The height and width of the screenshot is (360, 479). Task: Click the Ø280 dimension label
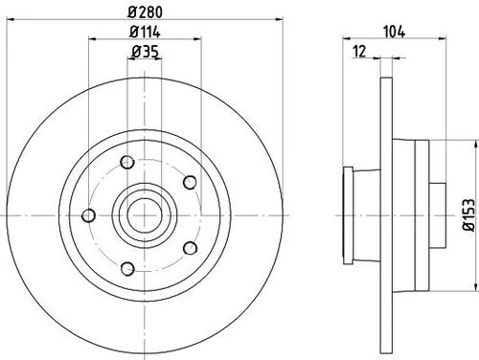pos(146,12)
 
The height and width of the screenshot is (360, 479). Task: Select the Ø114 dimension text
pos(145,32)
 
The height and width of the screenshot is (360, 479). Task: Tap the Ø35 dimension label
pos(146,52)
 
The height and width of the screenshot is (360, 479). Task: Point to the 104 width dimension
pos(394,32)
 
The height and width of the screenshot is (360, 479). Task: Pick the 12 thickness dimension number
pos(359,52)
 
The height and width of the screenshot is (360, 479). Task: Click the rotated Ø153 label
pos(469,214)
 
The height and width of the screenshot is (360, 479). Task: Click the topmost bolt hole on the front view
pos(127,162)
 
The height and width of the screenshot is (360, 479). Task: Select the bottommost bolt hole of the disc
pos(127,268)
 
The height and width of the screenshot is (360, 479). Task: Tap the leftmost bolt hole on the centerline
pos(88,215)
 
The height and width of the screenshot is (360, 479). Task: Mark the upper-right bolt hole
pos(190,182)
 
